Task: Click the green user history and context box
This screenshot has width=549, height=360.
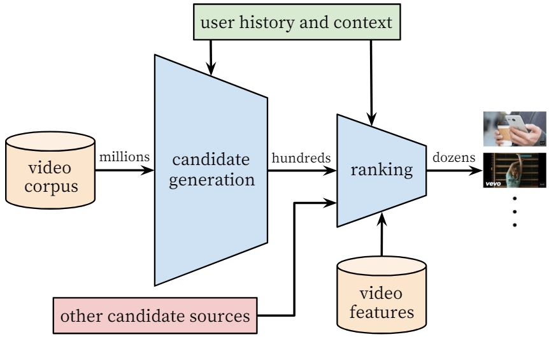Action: click(x=296, y=24)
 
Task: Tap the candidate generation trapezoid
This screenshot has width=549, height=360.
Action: click(x=210, y=169)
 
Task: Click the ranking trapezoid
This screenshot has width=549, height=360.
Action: click(x=381, y=170)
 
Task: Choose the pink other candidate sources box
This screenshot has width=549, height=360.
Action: click(x=155, y=315)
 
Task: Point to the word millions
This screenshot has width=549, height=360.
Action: click(x=124, y=157)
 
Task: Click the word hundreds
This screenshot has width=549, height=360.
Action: click(x=301, y=157)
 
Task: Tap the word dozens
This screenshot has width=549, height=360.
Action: click(x=454, y=157)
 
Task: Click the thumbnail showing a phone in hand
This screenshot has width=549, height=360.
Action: click(x=515, y=129)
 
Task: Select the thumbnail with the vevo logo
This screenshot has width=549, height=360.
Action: click(x=515, y=170)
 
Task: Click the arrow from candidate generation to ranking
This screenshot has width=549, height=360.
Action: click(x=302, y=170)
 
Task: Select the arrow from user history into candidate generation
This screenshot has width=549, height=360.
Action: click(x=210, y=57)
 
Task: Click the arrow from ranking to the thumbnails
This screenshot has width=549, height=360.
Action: click(x=454, y=170)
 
